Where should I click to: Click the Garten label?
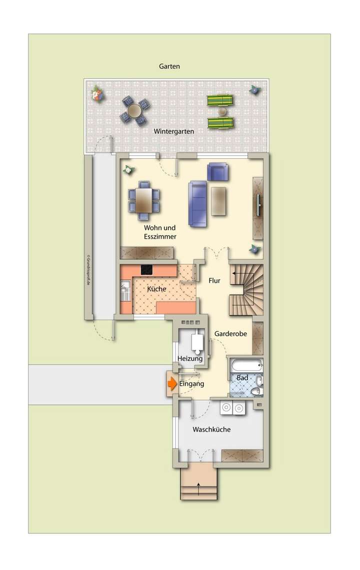coord(169,66)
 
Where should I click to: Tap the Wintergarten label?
coord(173,131)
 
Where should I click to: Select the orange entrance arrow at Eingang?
coord(171,384)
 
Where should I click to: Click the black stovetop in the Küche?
coord(147,270)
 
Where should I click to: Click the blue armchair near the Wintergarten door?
coord(217,172)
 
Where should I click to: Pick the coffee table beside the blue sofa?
coord(219,201)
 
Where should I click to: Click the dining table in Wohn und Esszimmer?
coord(144,200)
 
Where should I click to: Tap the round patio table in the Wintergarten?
coord(135,111)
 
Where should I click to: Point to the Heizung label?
coord(190,358)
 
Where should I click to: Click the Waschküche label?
coord(211,429)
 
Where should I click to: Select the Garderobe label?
coord(230,334)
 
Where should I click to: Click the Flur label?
coord(214,281)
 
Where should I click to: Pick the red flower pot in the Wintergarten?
coord(97,94)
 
